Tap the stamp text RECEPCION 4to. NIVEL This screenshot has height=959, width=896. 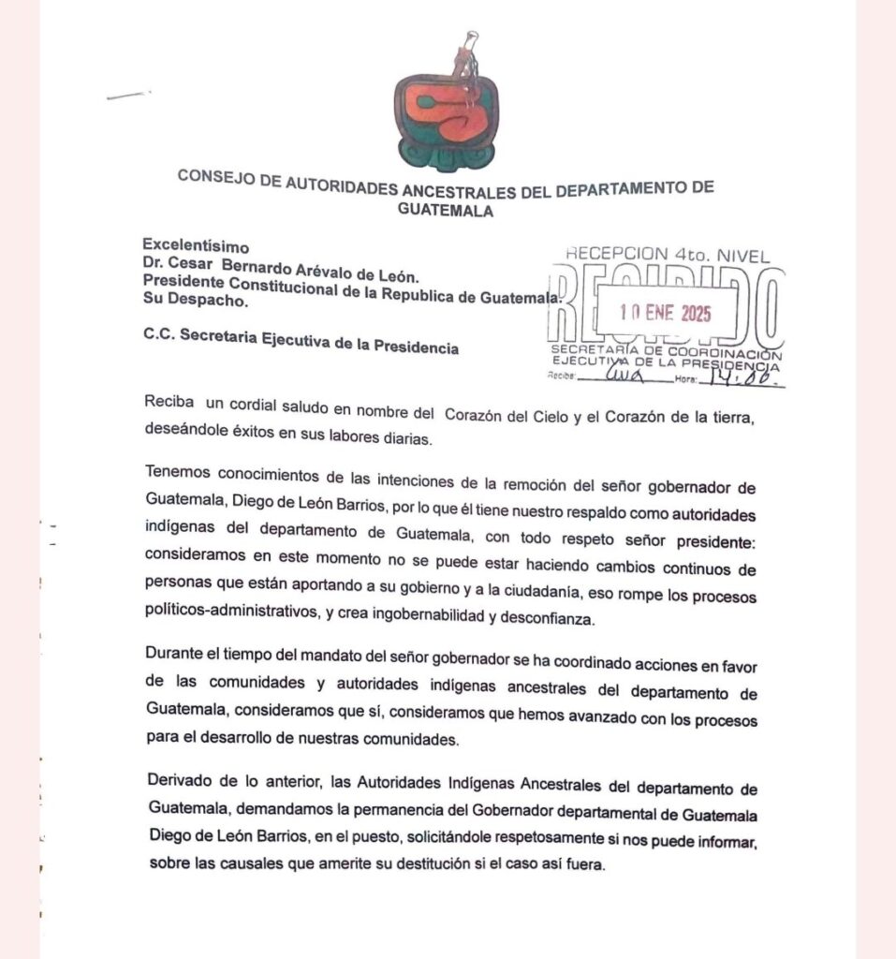pyautogui.click(x=667, y=253)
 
